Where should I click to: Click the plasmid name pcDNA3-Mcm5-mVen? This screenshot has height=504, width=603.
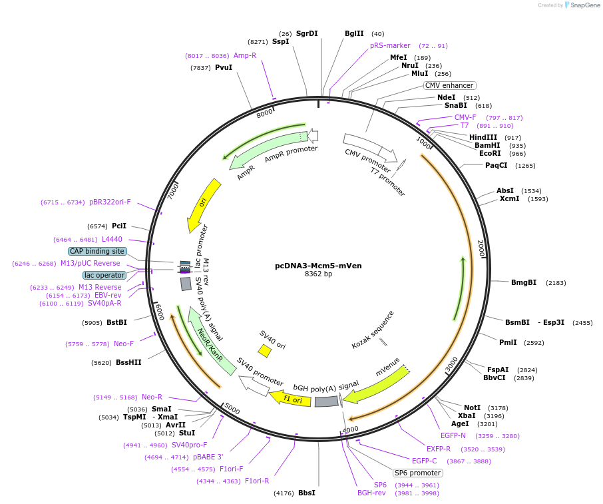click(318, 265)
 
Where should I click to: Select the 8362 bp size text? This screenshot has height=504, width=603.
click(318, 274)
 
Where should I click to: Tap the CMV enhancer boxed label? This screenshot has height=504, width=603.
click(450, 85)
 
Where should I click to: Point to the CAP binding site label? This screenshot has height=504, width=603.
click(97, 251)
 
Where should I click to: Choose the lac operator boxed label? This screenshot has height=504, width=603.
click(104, 275)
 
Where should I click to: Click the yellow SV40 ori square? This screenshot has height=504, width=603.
click(264, 350)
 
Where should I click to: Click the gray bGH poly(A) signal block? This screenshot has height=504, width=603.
click(326, 401)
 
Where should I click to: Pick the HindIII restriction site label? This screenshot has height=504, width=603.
click(485, 137)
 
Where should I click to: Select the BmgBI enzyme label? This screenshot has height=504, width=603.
click(524, 282)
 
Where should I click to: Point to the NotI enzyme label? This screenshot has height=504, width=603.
click(472, 407)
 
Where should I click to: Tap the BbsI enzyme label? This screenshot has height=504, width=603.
click(307, 493)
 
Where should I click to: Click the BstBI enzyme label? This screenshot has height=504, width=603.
click(116, 322)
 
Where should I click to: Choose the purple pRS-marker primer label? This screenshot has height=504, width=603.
click(390, 46)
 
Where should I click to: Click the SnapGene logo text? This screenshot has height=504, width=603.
click(584, 5)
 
